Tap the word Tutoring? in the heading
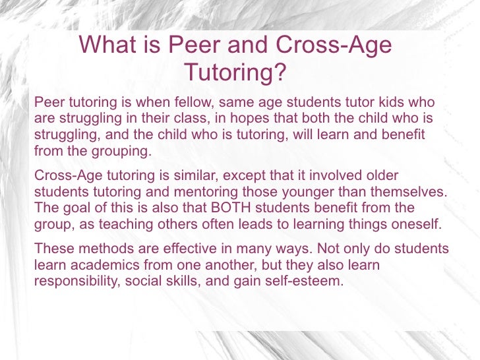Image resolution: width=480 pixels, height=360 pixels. tap(235, 72)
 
